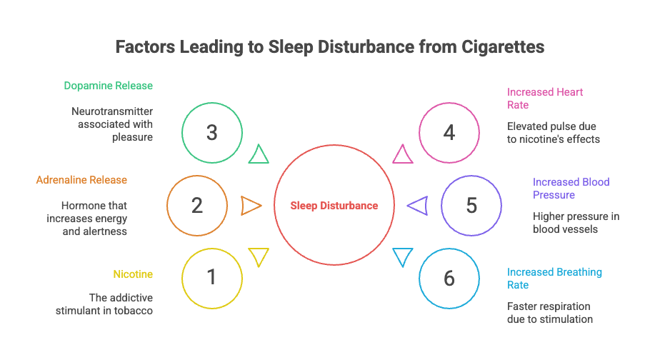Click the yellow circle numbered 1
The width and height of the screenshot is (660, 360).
211,278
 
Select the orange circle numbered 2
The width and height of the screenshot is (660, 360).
197,206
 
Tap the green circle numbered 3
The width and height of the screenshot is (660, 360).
211,133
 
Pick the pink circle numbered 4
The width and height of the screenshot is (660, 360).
449,133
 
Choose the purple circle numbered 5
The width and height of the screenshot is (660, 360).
471,206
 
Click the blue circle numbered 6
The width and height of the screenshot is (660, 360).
449,278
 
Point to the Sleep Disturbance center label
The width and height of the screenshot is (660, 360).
334,206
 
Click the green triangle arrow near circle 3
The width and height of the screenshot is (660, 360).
259,154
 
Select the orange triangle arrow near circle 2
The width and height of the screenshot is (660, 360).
251,206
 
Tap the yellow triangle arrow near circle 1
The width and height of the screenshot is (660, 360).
258,256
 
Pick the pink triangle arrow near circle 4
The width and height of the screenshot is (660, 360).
403,154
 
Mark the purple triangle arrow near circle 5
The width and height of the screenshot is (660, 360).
418,206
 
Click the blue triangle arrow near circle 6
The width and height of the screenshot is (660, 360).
403,256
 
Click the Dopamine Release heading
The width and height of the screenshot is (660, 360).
109,86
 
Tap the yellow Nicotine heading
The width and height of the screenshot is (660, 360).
133,274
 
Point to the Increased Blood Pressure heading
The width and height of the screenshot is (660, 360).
571,188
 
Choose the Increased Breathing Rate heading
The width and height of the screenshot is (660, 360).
554,279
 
